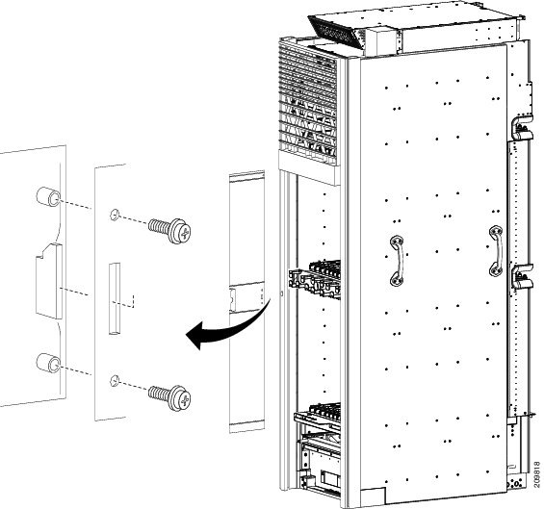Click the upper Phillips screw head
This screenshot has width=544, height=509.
click(180, 231)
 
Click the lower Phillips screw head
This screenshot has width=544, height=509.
click(180, 398)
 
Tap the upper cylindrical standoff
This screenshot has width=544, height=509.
click(48, 197)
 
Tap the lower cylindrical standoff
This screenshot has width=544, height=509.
click(48, 363)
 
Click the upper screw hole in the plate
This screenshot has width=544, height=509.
click(115, 215)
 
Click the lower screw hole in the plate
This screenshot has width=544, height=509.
click(115, 381)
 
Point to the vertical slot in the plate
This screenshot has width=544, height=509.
click(115, 299)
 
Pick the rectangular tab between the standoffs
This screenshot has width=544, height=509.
click(49, 281)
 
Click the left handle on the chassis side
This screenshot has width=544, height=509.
click(398, 261)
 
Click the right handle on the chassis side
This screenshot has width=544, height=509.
click(496, 251)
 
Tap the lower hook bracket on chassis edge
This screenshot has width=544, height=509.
click(522, 276)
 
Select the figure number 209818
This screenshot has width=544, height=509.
click(537, 475)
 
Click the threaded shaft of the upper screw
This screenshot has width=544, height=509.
click(159, 226)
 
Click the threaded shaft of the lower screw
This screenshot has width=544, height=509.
click(159, 394)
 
